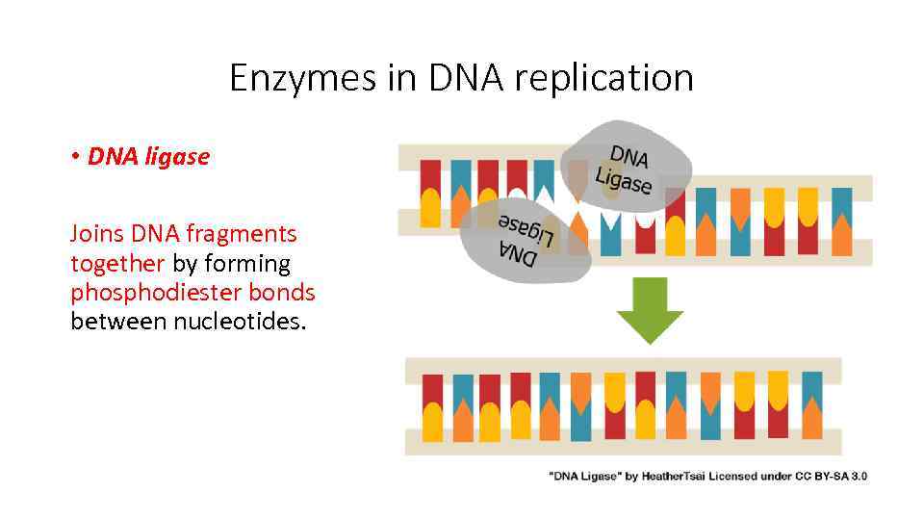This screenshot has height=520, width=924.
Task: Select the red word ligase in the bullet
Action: (x=176, y=156)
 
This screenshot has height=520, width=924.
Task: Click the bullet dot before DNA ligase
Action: (x=74, y=157)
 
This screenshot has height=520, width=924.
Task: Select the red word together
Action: (x=117, y=263)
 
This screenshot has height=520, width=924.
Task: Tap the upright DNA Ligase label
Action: (x=626, y=169)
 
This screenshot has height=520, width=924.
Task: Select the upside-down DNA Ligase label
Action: (x=524, y=244)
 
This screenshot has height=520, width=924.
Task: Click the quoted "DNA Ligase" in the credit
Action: (x=582, y=476)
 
